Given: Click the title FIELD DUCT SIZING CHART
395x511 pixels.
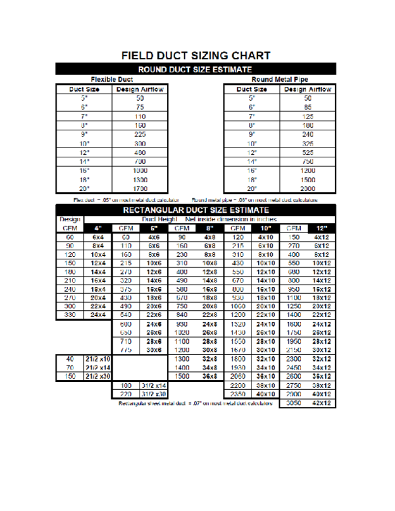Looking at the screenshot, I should click(196, 55).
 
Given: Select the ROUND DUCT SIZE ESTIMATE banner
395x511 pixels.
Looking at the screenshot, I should click(196, 68).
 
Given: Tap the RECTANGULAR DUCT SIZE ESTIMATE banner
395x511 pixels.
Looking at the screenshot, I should click(196, 210).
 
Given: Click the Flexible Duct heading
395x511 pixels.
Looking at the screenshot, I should click(111, 79).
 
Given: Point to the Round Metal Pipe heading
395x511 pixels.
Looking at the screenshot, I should click(279, 79).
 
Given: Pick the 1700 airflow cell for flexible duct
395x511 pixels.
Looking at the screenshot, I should click(140, 188).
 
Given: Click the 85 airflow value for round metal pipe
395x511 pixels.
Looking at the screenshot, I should click(307, 107).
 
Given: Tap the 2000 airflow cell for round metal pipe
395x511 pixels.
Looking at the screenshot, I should click(307, 188).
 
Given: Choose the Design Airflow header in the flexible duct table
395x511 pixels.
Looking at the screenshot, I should click(140, 88).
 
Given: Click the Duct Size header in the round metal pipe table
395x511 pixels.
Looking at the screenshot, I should click(251, 88).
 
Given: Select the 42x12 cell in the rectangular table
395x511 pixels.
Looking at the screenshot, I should click(321, 402).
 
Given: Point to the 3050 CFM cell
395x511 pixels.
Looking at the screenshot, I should click(294, 402).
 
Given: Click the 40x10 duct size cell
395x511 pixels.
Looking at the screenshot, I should click(266, 393).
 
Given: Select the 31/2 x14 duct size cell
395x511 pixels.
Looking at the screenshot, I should click(153, 385).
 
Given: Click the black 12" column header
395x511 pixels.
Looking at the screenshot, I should click(321, 228).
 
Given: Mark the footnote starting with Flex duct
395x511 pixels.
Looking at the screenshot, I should click(126, 199).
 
